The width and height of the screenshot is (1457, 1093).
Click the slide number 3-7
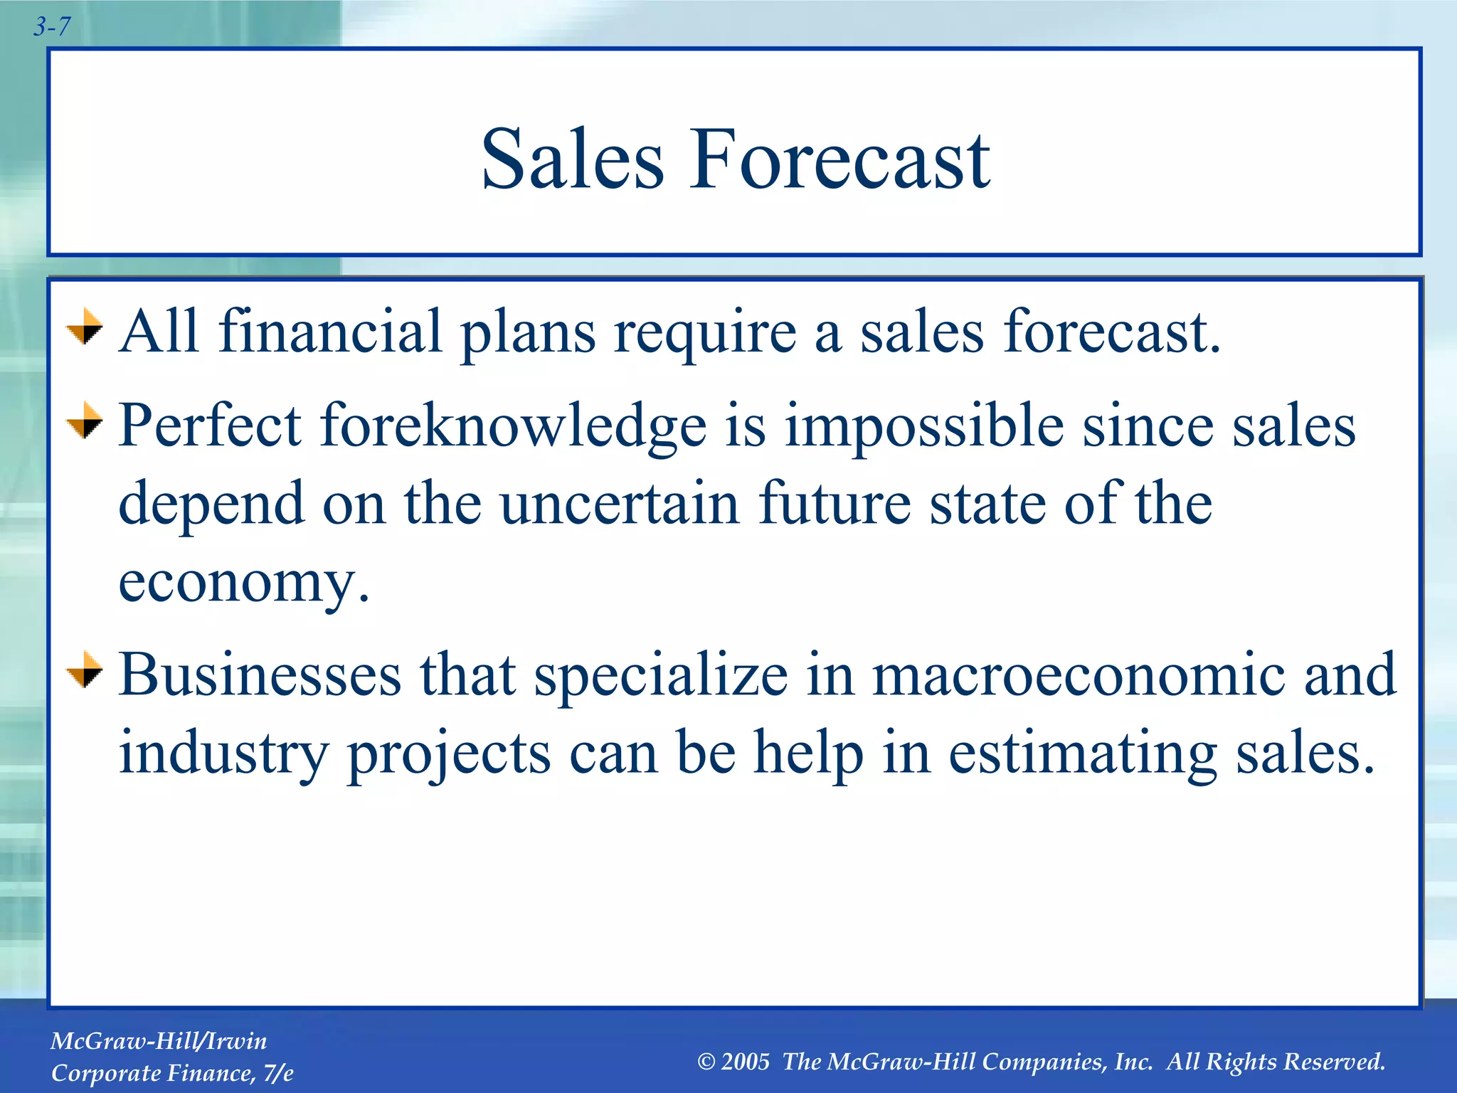coord(52,27)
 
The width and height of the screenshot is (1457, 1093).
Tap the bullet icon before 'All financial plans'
coord(85,327)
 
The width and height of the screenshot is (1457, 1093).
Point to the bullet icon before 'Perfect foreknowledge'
coord(85,421)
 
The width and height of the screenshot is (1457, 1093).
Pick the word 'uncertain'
coord(620,504)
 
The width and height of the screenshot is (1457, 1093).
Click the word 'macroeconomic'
coord(1078,675)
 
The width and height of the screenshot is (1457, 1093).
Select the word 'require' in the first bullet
coord(705,333)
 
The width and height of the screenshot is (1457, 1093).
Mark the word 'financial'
coord(330,332)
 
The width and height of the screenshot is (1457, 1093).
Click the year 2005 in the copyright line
coord(745,1062)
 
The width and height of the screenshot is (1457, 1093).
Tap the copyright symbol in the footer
coord(706,1062)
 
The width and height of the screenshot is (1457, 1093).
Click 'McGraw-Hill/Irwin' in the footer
coord(159,1041)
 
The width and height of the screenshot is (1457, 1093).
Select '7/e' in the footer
coord(277,1073)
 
